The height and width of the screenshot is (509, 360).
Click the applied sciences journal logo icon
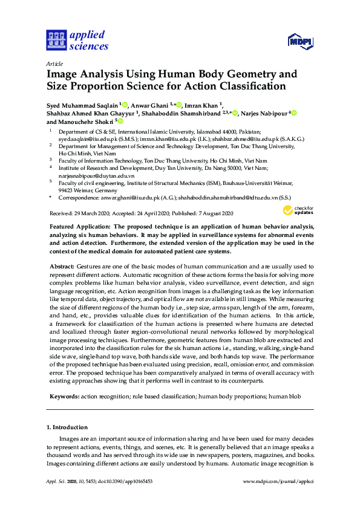pos(56,41)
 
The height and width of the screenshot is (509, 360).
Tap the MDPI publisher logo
pos(300,42)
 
